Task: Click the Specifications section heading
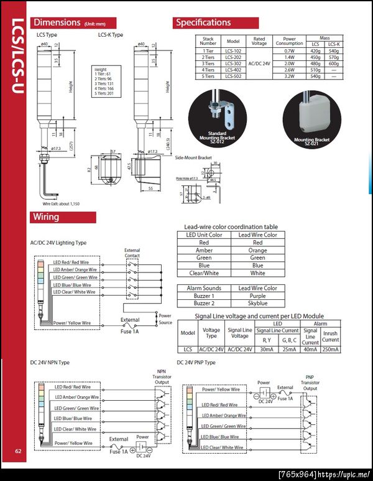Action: [203, 22]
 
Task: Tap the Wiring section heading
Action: [47, 217]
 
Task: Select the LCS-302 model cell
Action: [233, 64]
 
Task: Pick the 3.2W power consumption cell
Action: [289, 77]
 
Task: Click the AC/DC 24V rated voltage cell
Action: [259, 64]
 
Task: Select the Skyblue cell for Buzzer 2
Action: [257, 304]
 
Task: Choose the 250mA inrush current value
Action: [331, 349]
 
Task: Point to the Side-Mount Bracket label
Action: [193, 158]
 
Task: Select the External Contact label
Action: [132, 252]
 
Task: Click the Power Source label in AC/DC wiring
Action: [165, 319]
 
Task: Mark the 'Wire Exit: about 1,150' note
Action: [62, 203]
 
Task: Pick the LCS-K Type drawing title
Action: [111, 35]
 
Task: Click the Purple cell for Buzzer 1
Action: [257, 296]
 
